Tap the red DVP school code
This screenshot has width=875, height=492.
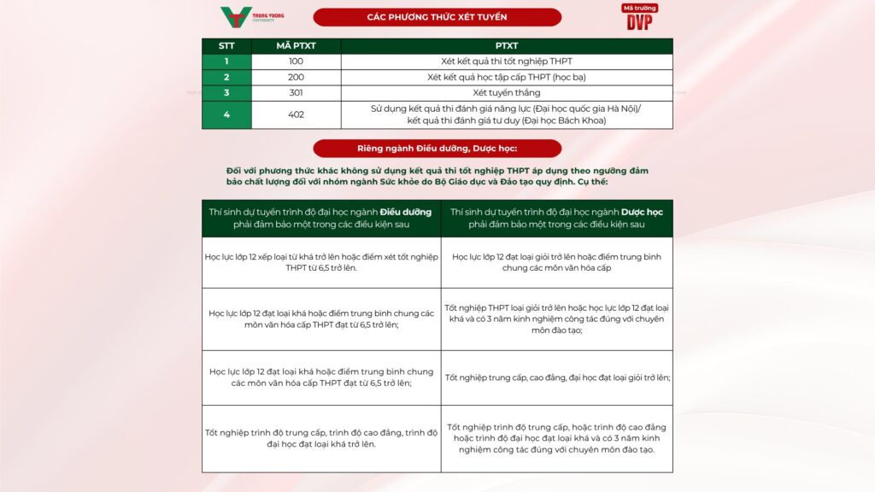(639, 18)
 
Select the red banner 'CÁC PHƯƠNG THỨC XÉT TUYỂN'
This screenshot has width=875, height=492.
(437, 17)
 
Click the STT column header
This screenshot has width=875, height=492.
(226, 46)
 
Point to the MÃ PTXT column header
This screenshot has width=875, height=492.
(296, 46)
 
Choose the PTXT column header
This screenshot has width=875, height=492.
(507, 46)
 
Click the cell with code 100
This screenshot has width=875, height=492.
(296, 61)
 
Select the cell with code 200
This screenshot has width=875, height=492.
(296, 77)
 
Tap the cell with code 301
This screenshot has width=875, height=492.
(296, 92)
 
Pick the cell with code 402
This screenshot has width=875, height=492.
(296, 114)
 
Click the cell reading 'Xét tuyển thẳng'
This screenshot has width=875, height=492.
(507, 92)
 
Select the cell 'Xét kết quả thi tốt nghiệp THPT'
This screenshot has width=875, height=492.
(507, 61)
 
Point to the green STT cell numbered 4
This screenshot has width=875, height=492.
(226, 114)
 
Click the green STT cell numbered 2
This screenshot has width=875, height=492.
(226, 77)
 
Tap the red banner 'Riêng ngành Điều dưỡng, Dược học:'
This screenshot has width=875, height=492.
(437, 148)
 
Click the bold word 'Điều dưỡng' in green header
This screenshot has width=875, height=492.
(406, 211)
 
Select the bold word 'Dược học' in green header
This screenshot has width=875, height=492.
(642, 211)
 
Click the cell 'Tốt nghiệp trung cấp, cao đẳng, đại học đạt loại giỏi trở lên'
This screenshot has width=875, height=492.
(557, 378)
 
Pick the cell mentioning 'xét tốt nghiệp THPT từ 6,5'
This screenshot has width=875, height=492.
(321, 261)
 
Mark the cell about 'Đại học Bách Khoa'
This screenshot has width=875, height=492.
(507, 114)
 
